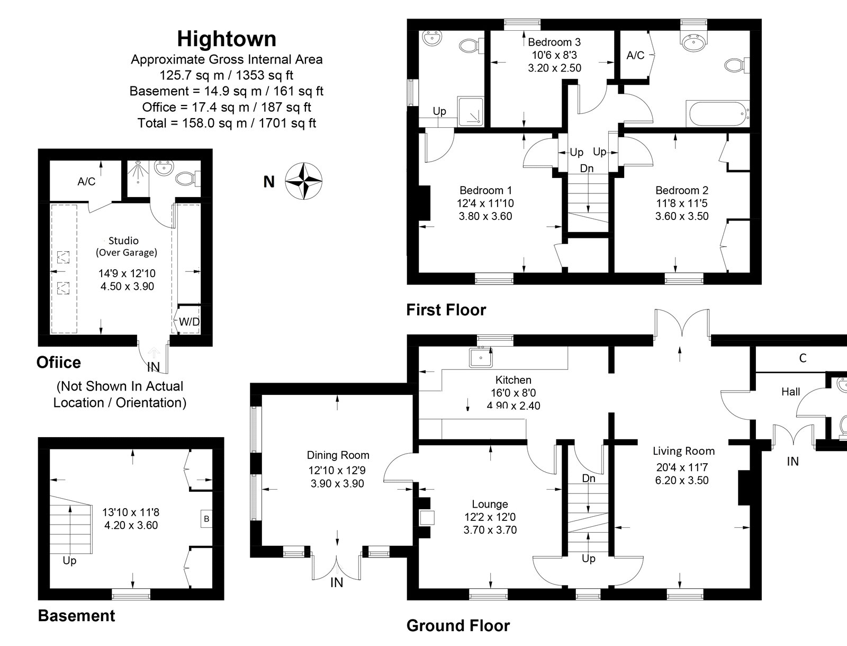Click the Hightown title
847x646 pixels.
tap(227, 39)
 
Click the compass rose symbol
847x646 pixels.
tap(304, 182)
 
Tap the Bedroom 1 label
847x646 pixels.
tap(485, 190)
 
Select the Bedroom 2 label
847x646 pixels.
tap(682, 190)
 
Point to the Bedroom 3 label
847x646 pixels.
tap(554, 42)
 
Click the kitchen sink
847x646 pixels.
tap(481, 358)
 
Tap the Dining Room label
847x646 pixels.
tap(338, 455)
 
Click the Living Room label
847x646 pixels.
tap(683, 451)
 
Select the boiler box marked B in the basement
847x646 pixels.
tap(206, 518)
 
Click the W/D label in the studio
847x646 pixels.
tap(188, 322)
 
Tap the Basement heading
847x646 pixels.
tap(76, 616)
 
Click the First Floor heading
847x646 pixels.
tap(446, 310)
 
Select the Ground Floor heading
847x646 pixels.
tap(458, 626)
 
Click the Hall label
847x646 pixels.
tap(791, 392)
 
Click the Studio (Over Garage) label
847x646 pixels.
tap(126, 246)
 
